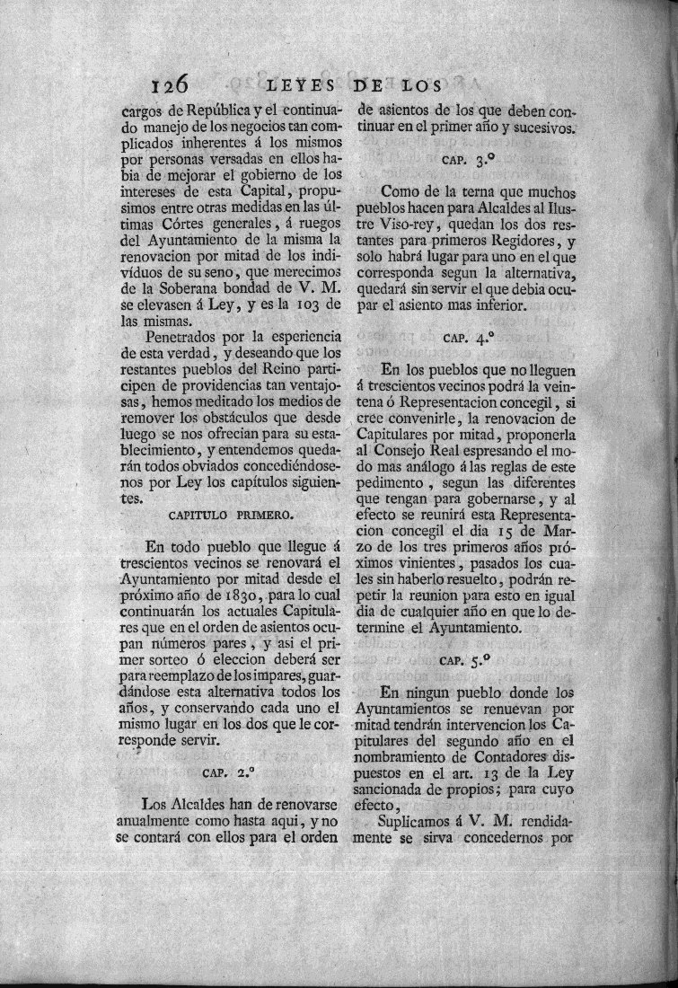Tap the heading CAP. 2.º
click(226, 771)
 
